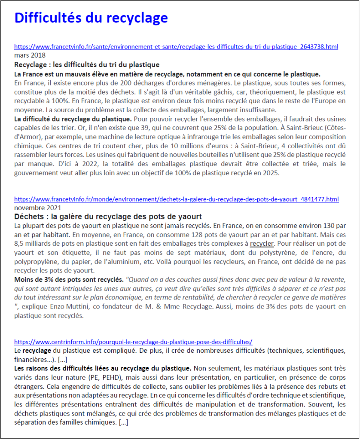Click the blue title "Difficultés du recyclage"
coord(91,18)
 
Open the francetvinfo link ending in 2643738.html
coord(176,46)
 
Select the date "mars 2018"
coord(30,55)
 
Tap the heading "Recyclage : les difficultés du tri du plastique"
coord(87,64)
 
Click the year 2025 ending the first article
coord(271,173)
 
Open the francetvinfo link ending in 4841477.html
coord(176,199)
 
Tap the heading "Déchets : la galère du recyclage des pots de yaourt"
coord(108,217)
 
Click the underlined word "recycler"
coord(262,244)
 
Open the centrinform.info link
coord(133,342)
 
